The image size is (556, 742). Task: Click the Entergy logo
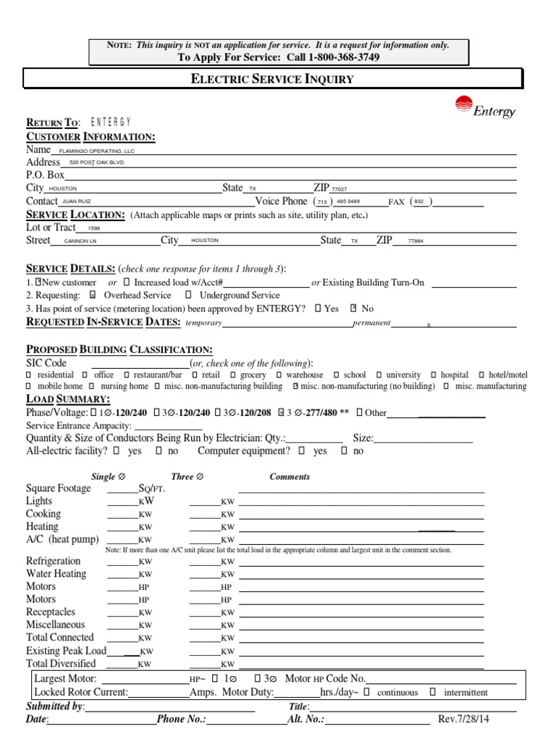pyautogui.click(x=484, y=107)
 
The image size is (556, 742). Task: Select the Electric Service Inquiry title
pyautogui.click(x=271, y=79)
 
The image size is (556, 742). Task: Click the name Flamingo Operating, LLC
pyautogui.click(x=96, y=151)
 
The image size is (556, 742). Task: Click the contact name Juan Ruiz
pyautogui.click(x=77, y=201)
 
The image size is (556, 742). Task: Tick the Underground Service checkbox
pyautogui.click(x=188, y=296)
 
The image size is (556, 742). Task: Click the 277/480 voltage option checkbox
pyautogui.click(x=282, y=413)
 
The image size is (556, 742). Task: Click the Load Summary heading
pyautogui.click(x=68, y=400)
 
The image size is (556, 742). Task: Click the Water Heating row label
pyautogui.click(x=56, y=574)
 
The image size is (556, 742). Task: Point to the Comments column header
pyautogui.click(x=290, y=477)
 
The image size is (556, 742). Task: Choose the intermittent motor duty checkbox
pyautogui.click(x=432, y=692)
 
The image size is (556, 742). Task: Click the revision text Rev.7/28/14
pyautogui.click(x=464, y=720)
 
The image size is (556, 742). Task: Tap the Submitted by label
pyautogui.click(x=55, y=706)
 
